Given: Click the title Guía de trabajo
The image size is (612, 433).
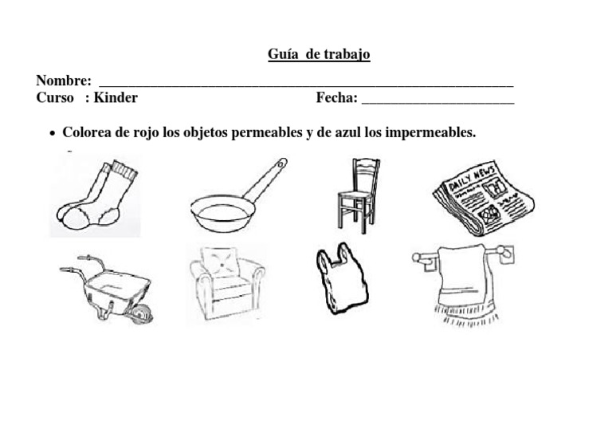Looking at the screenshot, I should tap(319, 54).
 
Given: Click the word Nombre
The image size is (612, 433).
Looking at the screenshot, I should tap(62, 81).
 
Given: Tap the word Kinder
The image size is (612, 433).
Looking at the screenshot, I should tap(116, 98).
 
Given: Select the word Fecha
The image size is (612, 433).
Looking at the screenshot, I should tap(335, 98).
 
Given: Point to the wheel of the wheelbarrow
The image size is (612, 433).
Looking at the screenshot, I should tap(142, 315).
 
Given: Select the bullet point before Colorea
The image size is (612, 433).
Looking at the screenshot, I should tap(52, 133).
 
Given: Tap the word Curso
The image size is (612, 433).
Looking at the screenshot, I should tap(56, 98).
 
